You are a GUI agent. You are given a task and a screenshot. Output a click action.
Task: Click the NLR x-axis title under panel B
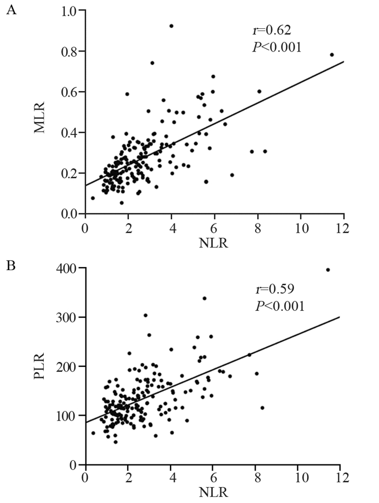(212, 493)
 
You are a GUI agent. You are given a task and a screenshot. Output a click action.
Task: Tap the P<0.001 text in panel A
(276, 47)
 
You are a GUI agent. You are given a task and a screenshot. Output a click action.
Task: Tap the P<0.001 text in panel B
(279, 306)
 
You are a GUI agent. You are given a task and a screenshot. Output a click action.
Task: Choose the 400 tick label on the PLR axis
(66, 268)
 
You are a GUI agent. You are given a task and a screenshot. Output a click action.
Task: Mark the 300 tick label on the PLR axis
(66, 317)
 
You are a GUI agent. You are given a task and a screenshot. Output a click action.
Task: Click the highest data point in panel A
(171, 26)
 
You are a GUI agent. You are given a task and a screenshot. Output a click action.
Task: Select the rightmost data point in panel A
(332, 55)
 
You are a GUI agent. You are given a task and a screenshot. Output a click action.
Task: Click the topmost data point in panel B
(328, 270)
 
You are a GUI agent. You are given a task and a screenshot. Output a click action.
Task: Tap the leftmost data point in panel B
(93, 433)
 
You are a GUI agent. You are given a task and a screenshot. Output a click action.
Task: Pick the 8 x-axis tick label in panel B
(255, 478)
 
